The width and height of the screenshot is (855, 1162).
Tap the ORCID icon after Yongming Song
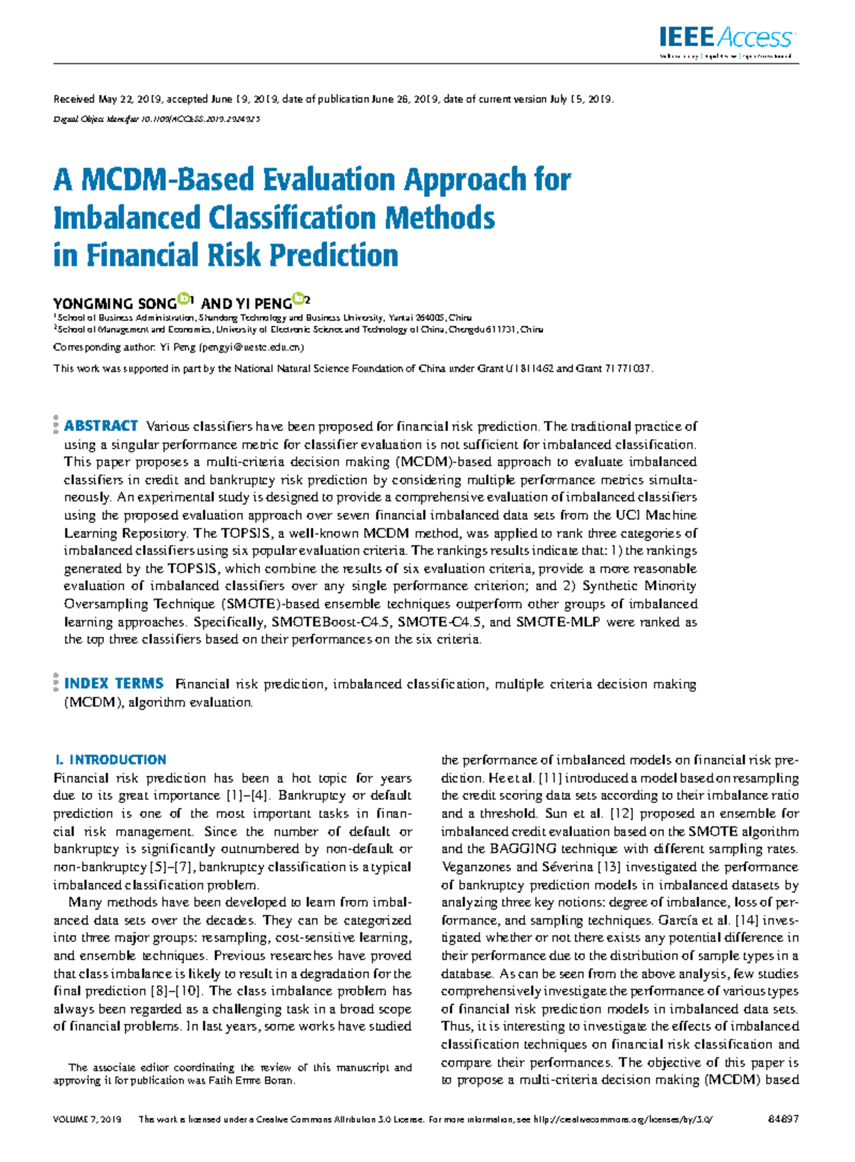pyautogui.click(x=185, y=299)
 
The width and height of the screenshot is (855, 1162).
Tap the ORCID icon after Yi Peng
pyautogui.click(x=299, y=299)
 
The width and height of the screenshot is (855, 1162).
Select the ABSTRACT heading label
pyautogui.click(x=101, y=426)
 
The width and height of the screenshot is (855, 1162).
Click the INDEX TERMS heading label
pyautogui.click(x=114, y=683)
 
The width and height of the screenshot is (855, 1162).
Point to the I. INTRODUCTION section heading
pyautogui.click(x=110, y=759)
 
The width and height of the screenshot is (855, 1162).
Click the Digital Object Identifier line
pyautogui.click(x=157, y=119)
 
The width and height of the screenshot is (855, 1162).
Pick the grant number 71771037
pyautogui.click(x=627, y=369)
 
